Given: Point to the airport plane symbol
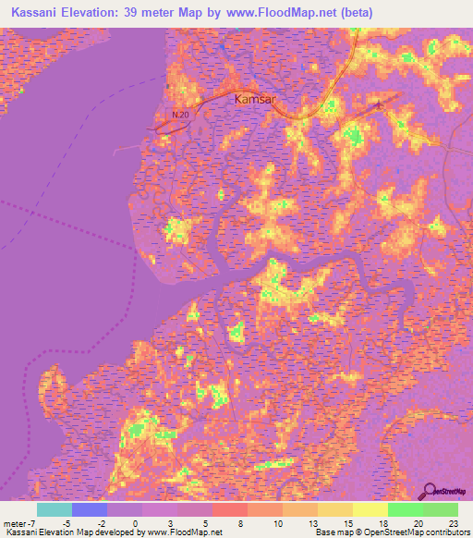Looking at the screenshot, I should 378,106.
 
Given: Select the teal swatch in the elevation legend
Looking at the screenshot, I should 54,509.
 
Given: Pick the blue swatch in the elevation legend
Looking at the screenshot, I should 90,509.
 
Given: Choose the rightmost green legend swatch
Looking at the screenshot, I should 441,509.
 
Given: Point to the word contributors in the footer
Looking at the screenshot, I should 444,532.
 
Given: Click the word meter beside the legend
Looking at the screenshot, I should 15,523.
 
